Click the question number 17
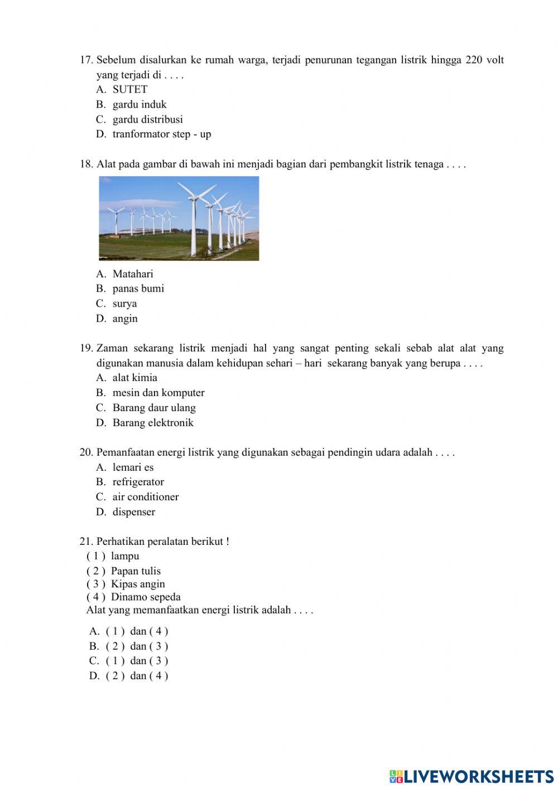[x=86, y=60]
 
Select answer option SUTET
[x=129, y=90]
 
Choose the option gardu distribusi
[x=147, y=119]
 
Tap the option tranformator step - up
[x=161, y=134]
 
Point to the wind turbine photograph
[x=179, y=218]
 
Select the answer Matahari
[x=132, y=274]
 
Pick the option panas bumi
[x=138, y=289]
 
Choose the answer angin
[x=124, y=318]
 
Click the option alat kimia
[x=134, y=378]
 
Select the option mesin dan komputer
[x=158, y=393]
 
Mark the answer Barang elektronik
[x=152, y=423]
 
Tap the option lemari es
[x=133, y=467]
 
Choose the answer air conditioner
[x=145, y=497]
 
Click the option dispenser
[x=133, y=512]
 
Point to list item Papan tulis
[x=135, y=571]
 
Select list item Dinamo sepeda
[x=145, y=597]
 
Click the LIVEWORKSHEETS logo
[x=471, y=776]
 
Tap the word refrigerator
[x=138, y=482]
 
